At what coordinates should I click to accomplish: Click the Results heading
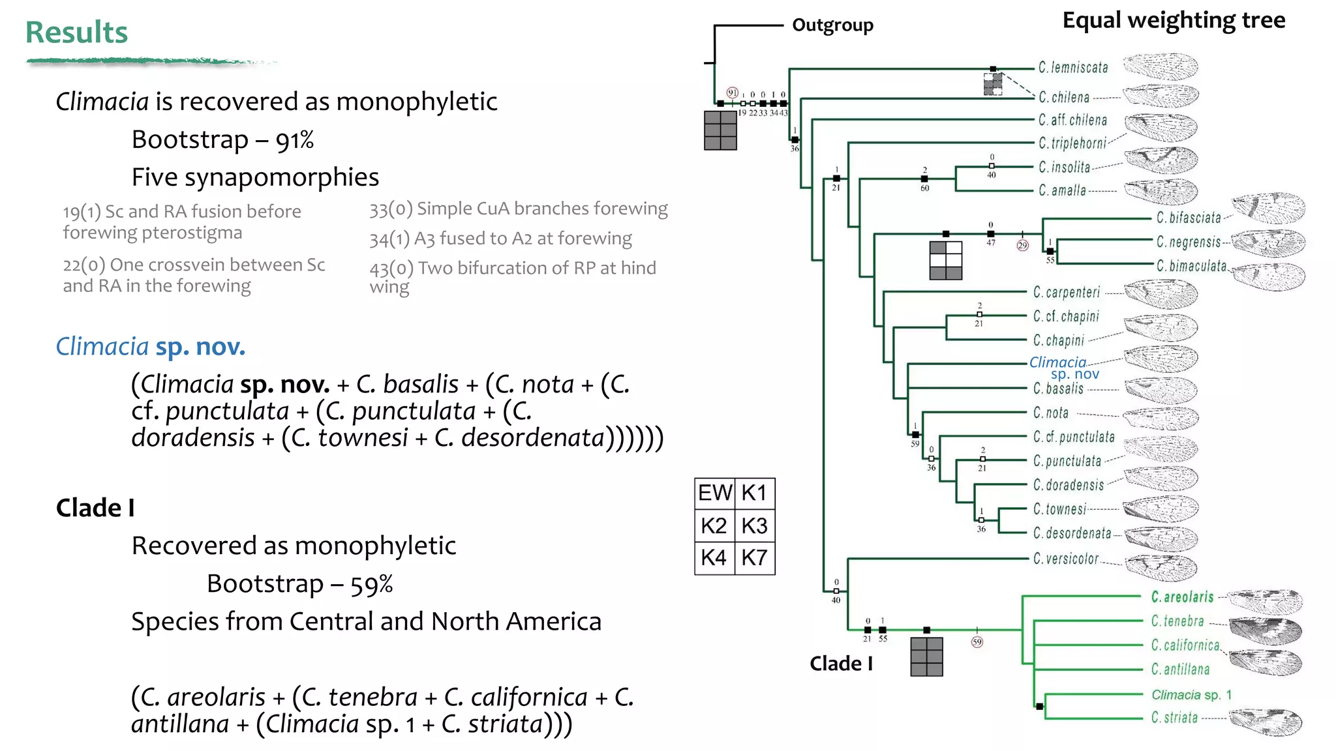76,33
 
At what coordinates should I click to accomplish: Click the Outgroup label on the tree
832,25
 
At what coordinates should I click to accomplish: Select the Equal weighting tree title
1173,20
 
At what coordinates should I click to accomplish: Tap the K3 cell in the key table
755,525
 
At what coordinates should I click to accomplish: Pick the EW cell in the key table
715,493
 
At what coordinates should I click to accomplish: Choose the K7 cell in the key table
755,558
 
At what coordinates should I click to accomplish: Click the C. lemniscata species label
1073,68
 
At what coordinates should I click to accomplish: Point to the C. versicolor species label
1066,559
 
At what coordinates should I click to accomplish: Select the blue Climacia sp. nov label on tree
1063,368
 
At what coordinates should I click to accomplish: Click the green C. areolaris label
1182,597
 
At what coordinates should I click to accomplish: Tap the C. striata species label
1174,718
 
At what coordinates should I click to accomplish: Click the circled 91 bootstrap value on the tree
733,93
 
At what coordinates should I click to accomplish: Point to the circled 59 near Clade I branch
977,642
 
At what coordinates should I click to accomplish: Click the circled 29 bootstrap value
1022,246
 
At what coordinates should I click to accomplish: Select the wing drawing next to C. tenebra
1266,630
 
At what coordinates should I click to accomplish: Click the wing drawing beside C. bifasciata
1269,209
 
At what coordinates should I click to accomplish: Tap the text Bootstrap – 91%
222,140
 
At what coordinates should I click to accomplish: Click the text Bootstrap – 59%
299,584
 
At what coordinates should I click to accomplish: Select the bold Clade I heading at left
95,508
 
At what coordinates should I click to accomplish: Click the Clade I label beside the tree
841,664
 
